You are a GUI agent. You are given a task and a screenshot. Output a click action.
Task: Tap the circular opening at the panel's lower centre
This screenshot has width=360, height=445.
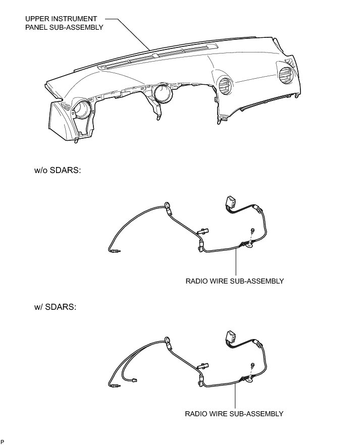163,93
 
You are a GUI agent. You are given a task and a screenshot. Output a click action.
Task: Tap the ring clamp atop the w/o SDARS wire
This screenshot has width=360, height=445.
167,206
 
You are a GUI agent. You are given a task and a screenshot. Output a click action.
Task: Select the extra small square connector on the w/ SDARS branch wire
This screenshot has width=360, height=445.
135,381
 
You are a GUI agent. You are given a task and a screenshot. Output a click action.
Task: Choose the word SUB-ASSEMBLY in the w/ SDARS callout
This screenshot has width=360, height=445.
258,414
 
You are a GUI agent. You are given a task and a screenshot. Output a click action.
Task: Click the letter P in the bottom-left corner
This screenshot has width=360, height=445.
3,441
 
